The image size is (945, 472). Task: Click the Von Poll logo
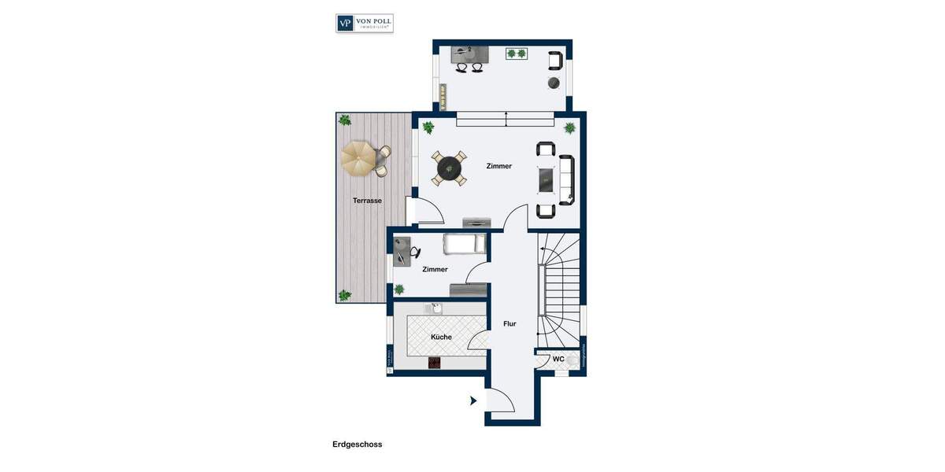pos(365,23)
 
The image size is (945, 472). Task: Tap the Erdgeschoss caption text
pos(357,444)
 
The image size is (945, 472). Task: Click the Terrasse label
pos(367,201)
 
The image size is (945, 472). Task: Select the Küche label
pos(441,337)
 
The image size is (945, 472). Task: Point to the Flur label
pos(510,323)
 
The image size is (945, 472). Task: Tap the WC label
pos(558,360)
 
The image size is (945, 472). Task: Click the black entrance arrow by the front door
pos(473,400)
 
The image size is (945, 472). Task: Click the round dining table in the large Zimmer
pos(449,168)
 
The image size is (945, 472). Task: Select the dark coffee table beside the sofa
pos(547,180)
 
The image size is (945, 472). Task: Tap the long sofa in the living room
pos(567,180)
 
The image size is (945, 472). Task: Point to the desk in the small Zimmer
pos(402,252)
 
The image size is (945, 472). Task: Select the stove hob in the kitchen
pos(434,363)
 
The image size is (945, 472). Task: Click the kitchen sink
pos(437,308)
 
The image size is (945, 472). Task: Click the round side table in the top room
pos(553,83)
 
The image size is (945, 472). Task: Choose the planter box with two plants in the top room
pos(517,53)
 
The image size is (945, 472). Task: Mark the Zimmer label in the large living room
pos(499,166)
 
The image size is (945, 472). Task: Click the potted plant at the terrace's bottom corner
pos(344,295)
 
